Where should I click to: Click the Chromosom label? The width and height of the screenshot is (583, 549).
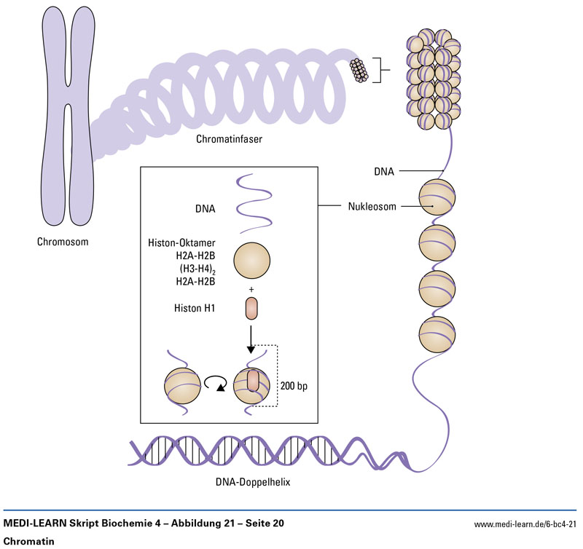(x=65, y=242)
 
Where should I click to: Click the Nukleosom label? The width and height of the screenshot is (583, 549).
(x=371, y=206)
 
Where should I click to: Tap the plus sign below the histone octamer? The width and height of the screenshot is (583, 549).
(x=251, y=289)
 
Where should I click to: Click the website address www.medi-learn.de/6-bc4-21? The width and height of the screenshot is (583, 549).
(x=525, y=524)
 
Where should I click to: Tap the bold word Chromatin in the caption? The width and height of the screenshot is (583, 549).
(x=28, y=542)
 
